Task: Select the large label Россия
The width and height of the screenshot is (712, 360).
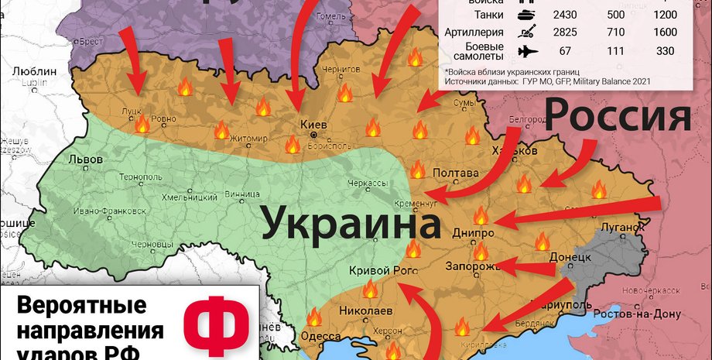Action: coord(618,117)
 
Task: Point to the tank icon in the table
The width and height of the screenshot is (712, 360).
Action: coord(525,15)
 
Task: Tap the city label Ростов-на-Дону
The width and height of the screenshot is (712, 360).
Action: coord(636,314)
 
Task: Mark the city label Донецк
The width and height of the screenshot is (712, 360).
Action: coord(570,256)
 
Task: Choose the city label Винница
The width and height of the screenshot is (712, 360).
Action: coord(241,194)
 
